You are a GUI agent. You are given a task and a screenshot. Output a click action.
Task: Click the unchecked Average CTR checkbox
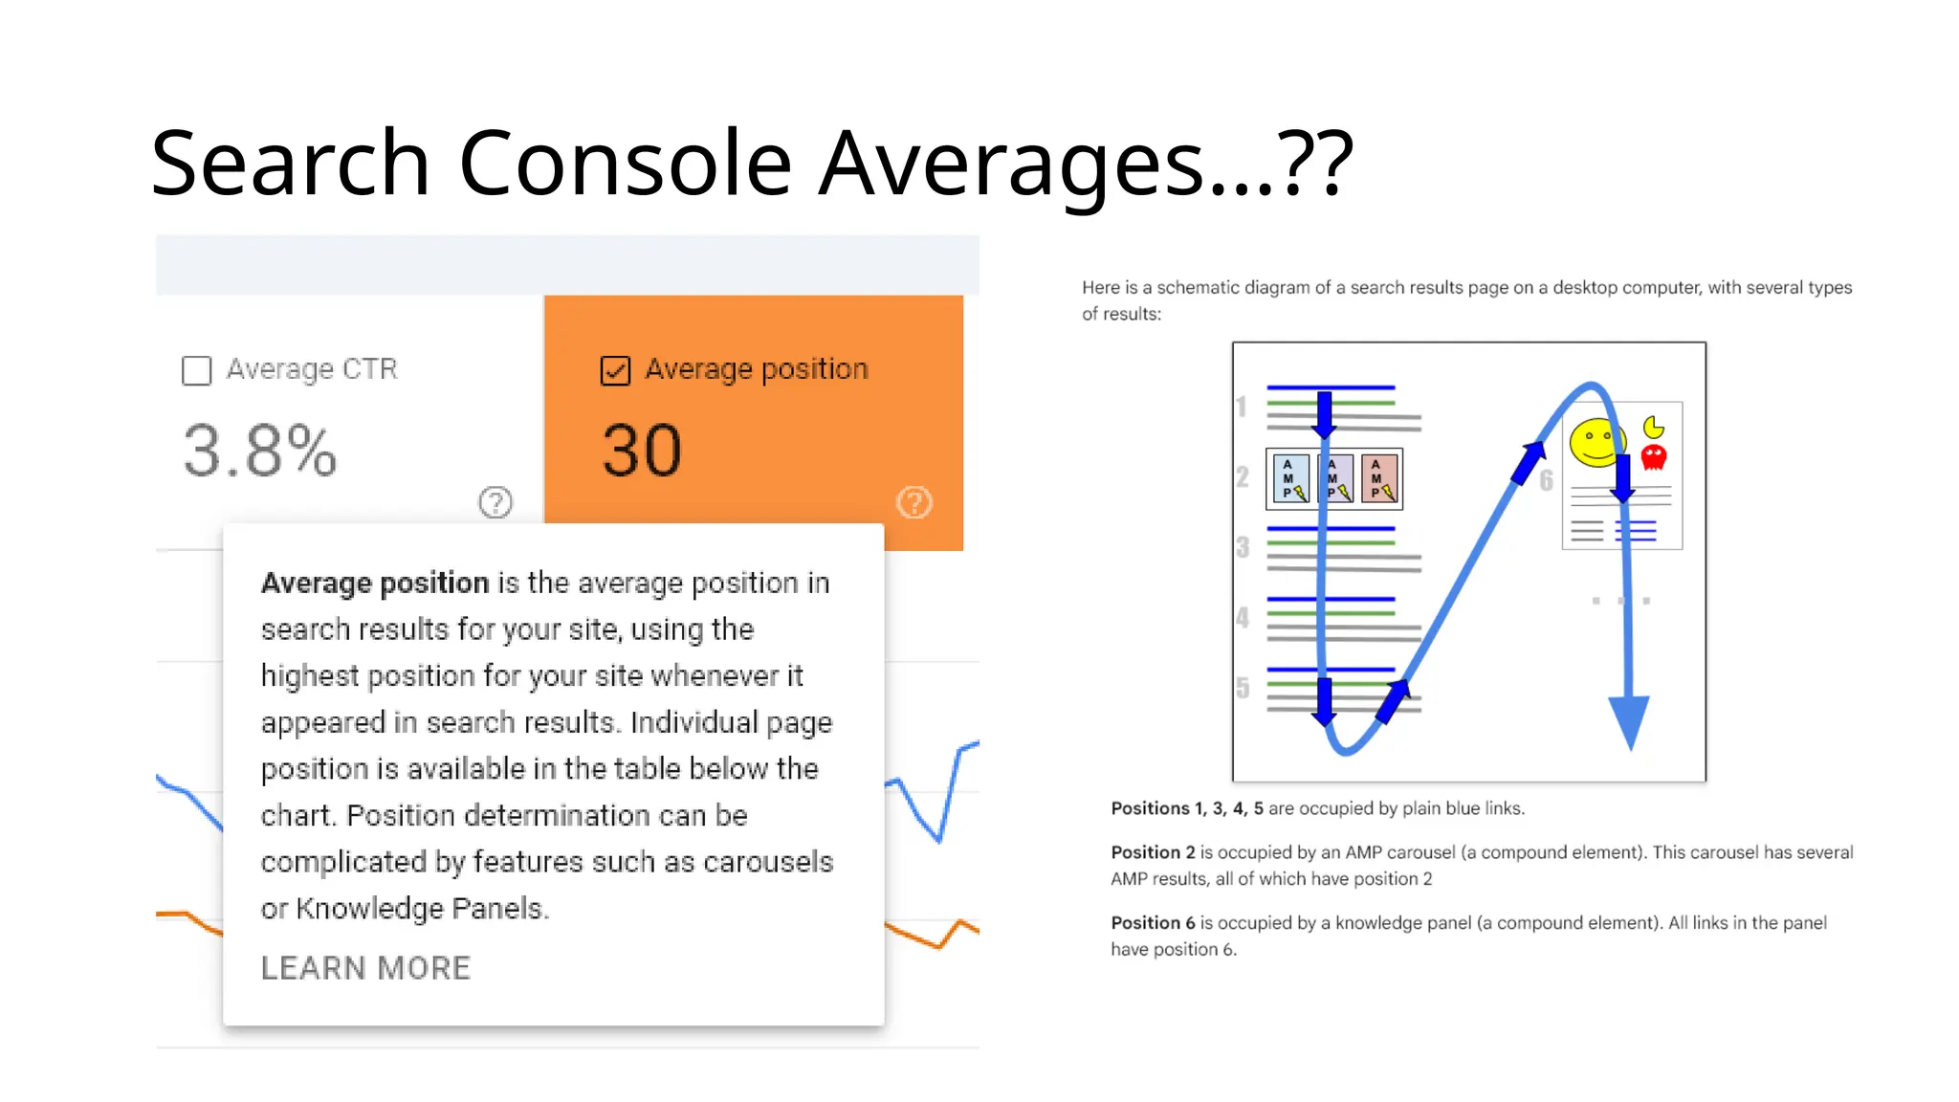pyautogui.click(x=196, y=370)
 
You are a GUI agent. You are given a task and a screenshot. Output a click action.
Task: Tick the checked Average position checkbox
pyautogui.click(x=615, y=370)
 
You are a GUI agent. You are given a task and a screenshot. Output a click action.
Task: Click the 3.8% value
pyautogui.click(x=259, y=451)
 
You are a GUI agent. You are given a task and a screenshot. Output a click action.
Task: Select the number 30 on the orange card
pyautogui.click(x=642, y=451)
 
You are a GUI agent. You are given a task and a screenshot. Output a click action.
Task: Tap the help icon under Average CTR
pyautogui.click(x=495, y=502)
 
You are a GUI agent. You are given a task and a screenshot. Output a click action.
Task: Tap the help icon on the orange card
pyautogui.click(x=914, y=502)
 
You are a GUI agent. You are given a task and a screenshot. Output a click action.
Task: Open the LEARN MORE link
pyautogui.click(x=365, y=968)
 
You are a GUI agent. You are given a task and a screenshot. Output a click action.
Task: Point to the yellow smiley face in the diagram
pyautogui.click(x=1595, y=443)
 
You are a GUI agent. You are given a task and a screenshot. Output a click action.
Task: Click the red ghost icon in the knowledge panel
pyautogui.click(x=1654, y=457)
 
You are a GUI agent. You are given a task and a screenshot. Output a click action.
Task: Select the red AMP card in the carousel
pyautogui.click(x=1379, y=478)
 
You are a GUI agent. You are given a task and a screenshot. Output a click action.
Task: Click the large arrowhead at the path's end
pyautogui.click(x=1629, y=722)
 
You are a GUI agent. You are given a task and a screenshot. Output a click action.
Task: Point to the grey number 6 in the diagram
pyautogui.click(x=1546, y=481)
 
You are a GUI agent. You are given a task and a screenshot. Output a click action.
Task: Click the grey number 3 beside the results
pyautogui.click(x=1243, y=547)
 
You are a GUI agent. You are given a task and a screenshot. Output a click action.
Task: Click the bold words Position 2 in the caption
pyautogui.click(x=1153, y=852)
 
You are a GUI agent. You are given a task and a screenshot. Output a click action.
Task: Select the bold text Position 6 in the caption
pyautogui.click(x=1153, y=923)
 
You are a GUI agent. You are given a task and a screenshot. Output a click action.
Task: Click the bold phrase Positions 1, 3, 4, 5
pyautogui.click(x=1186, y=808)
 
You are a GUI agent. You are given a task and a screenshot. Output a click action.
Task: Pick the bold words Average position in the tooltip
pyautogui.click(x=375, y=583)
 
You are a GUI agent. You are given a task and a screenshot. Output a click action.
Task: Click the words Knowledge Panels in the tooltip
pyautogui.click(x=420, y=908)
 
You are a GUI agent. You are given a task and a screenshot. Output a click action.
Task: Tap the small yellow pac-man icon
pyautogui.click(x=1653, y=427)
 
